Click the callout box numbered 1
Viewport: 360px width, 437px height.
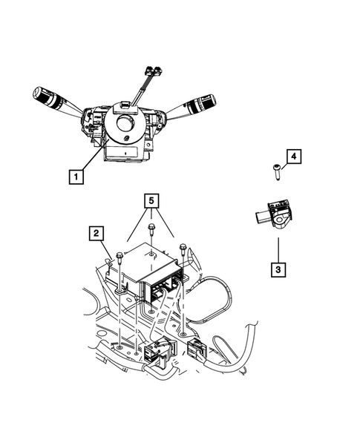(74, 177)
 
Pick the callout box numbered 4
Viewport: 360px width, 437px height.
(294, 157)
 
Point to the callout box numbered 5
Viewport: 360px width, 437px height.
(151, 201)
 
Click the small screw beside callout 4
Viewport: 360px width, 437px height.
(275, 172)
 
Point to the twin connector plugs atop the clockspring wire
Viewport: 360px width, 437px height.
(154, 72)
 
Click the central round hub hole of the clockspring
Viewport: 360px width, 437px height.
(123, 120)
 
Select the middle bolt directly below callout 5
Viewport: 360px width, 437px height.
(151, 229)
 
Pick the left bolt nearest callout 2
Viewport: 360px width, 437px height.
(118, 260)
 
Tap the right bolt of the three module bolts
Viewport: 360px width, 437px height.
(183, 249)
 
